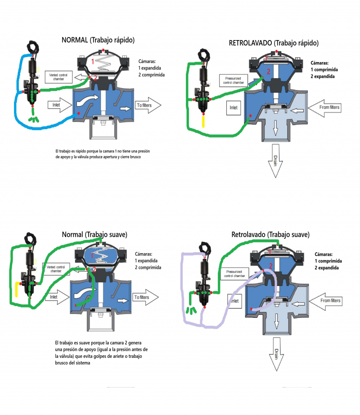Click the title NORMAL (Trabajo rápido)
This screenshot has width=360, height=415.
[x=98, y=40]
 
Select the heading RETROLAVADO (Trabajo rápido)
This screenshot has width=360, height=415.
[x=274, y=43]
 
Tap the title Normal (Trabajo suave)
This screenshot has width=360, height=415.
[x=94, y=234]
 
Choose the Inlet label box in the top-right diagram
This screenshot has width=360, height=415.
[x=234, y=108]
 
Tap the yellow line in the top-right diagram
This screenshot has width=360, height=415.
[x=203, y=121]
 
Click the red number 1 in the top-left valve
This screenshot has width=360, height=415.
[x=93, y=61]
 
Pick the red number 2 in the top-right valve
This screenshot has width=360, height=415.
[x=268, y=71]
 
